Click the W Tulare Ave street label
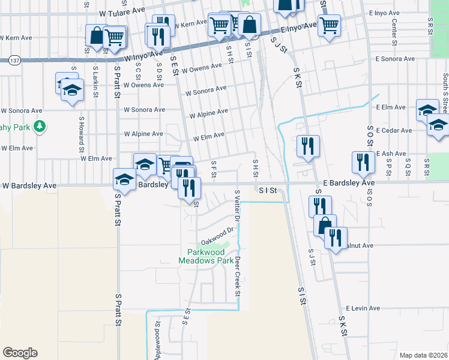(x=122, y=11)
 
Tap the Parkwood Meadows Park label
(x=206, y=256)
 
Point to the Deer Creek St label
(x=238, y=277)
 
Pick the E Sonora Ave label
(x=395, y=59)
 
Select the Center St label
(x=394, y=31)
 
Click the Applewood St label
(x=158, y=340)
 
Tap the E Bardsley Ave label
(x=348, y=182)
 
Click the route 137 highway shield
(x=15, y=60)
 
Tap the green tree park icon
(x=40, y=127)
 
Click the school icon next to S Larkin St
(x=72, y=91)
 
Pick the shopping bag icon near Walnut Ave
(x=325, y=224)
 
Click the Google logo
(x=20, y=353)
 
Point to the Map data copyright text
(x=423, y=355)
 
